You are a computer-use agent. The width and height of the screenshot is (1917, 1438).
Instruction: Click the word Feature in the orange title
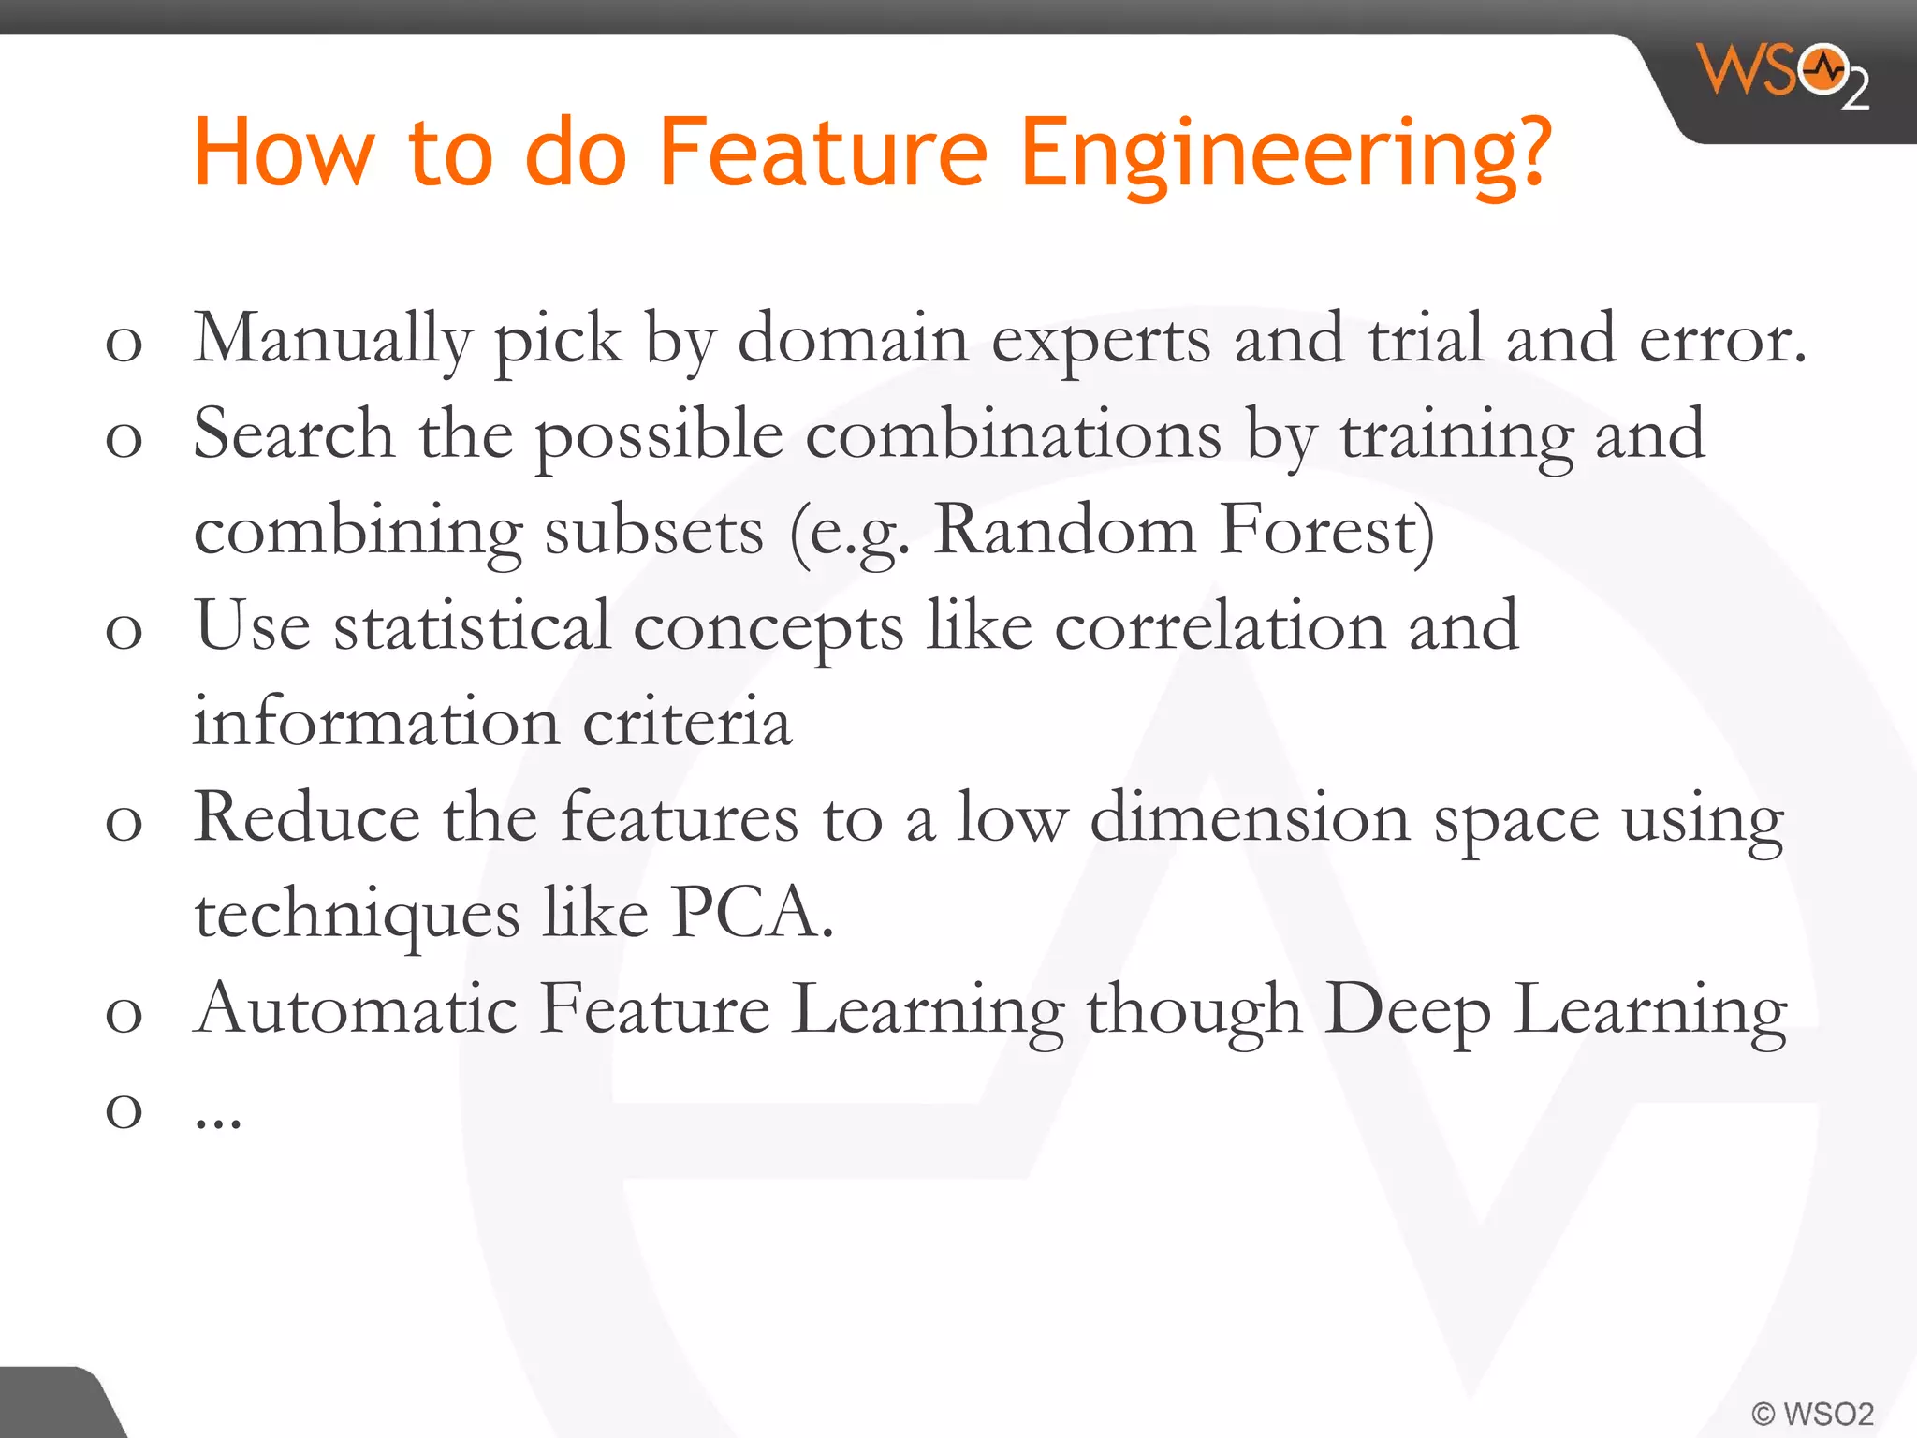click(x=823, y=152)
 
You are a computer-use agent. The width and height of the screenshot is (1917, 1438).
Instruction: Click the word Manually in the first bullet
click(x=331, y=340)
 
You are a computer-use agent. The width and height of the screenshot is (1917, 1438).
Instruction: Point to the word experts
click(x=1100, y=340)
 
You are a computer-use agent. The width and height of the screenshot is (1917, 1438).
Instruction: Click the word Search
click(x=293, y=434)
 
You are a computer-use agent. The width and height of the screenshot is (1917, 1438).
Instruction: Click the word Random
click(x=1064, y=530)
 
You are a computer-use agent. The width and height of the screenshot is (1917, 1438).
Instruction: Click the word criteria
click(x=687, y=723)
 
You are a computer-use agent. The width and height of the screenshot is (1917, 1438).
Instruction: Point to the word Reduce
click(x=306, y=818)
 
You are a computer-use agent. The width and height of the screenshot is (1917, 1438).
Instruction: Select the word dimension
click(x=1250, y=818)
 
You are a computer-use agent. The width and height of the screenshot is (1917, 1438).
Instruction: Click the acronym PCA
click(x=750, y=913)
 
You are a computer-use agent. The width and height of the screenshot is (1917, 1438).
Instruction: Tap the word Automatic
click(x=355, y=1009)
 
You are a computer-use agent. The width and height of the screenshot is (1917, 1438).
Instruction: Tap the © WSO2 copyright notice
click(x=1811, y=1413)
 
